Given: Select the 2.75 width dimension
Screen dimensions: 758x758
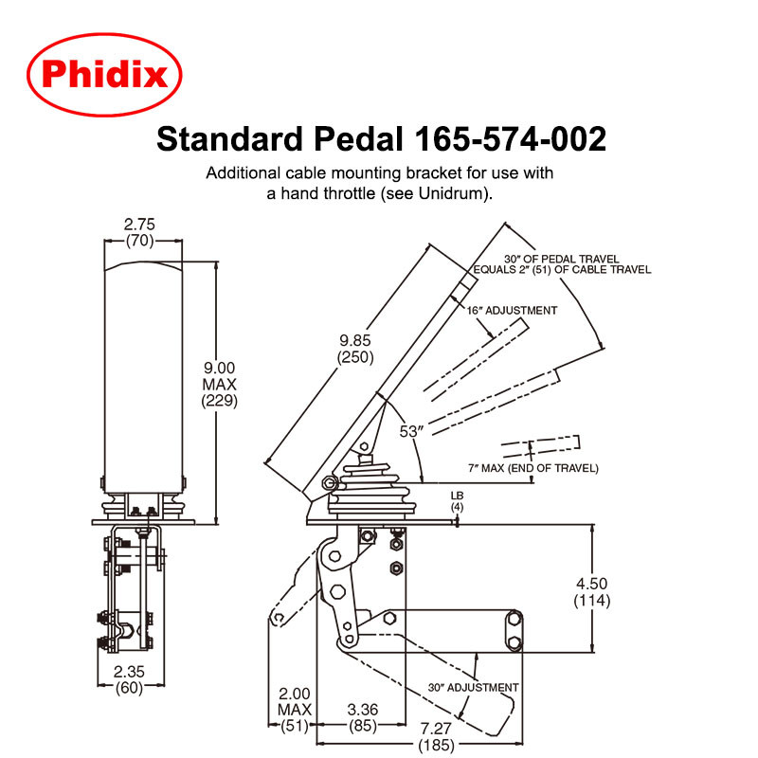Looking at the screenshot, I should pyautogui.click(x=139, y=225).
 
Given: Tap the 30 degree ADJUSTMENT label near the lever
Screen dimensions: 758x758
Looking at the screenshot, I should pyautogui.click(x=472, y=687).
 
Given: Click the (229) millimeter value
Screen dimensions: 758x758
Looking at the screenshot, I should pyautogui.click(x=219, y=401).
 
